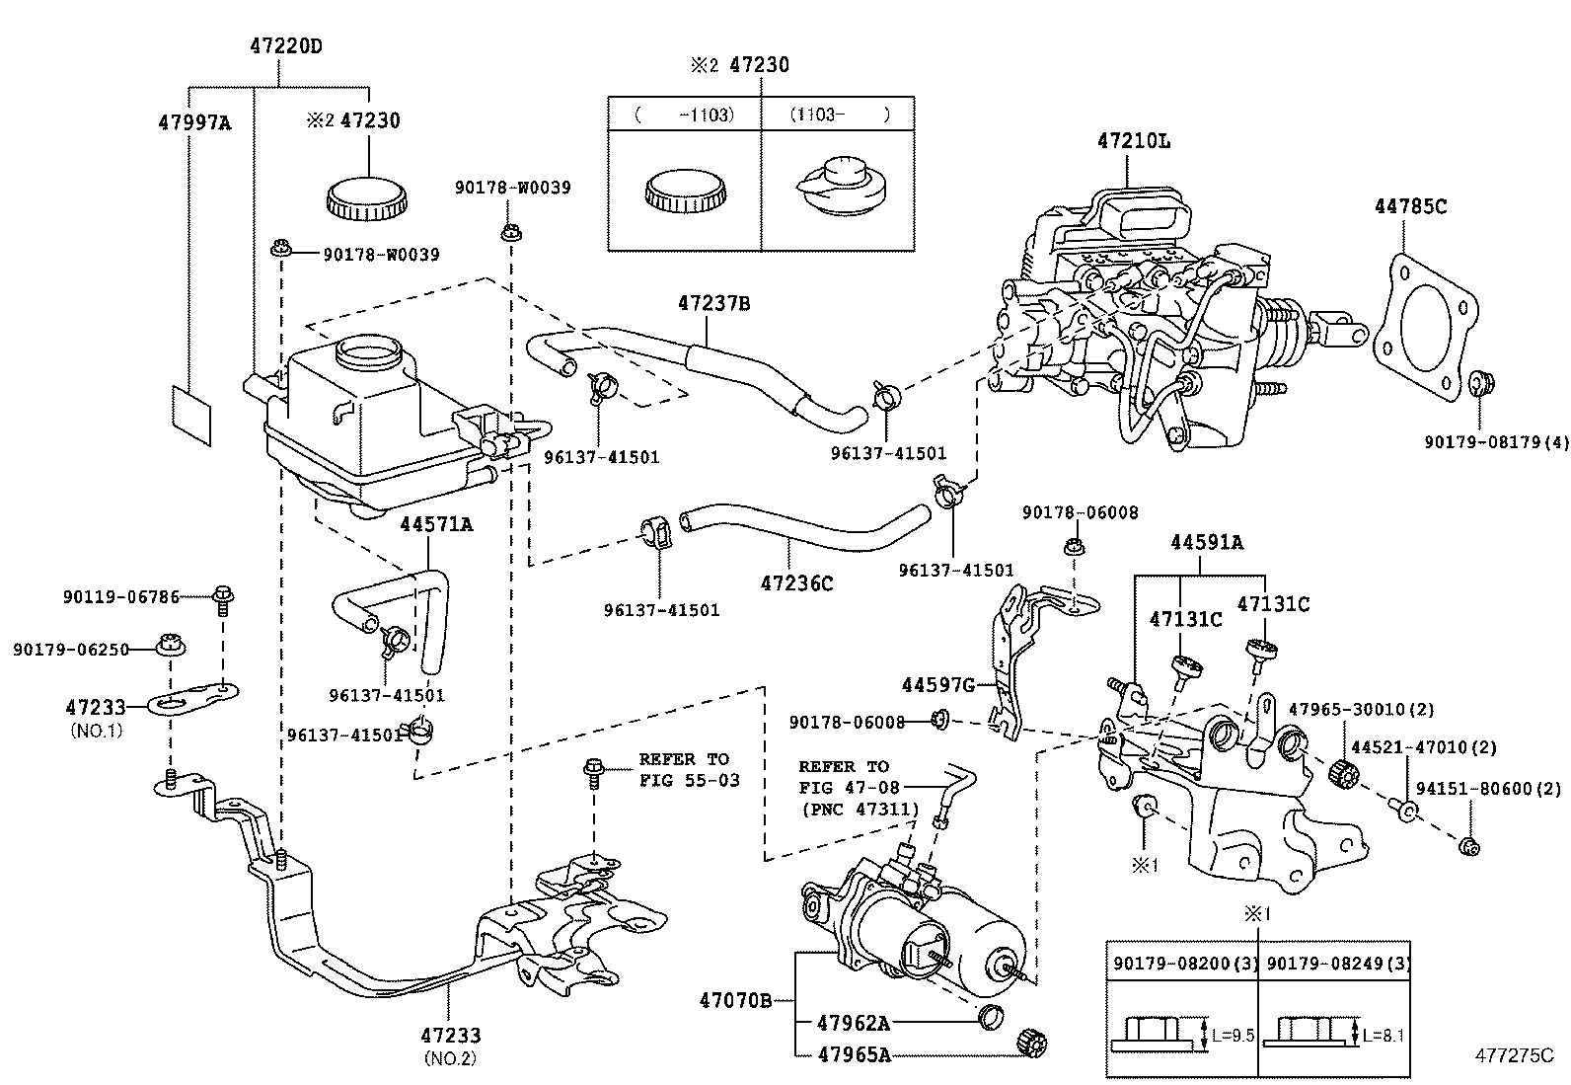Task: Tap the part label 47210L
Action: point(1133,141)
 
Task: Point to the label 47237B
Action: point(713,304)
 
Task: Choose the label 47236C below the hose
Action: point(796,583)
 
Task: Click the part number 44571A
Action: point(435,524)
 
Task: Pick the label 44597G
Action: point(937,684)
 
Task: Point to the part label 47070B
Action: point(735,1000)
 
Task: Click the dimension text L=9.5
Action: point(1233,1035)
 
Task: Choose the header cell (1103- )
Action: point(838,115)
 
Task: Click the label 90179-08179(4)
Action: point(1495,441)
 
